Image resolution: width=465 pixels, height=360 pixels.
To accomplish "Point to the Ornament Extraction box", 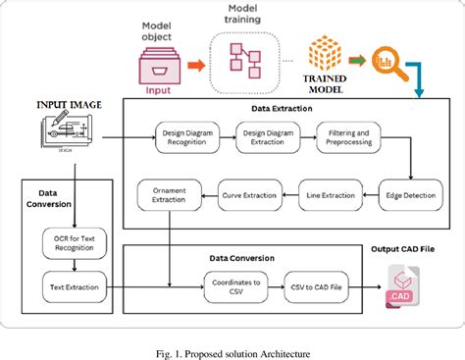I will coord(169,193).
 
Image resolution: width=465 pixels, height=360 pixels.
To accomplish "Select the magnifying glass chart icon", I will coord(388,62).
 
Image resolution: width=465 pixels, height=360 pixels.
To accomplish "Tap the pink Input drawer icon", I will coord(157,67).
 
